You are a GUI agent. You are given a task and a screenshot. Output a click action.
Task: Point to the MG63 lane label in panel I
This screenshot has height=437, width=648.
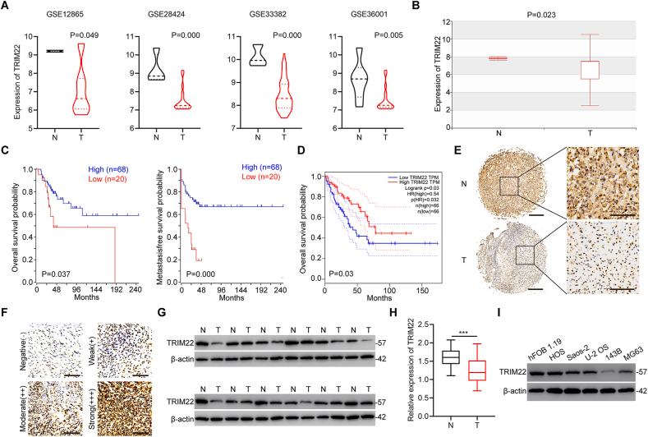(628, 338)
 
